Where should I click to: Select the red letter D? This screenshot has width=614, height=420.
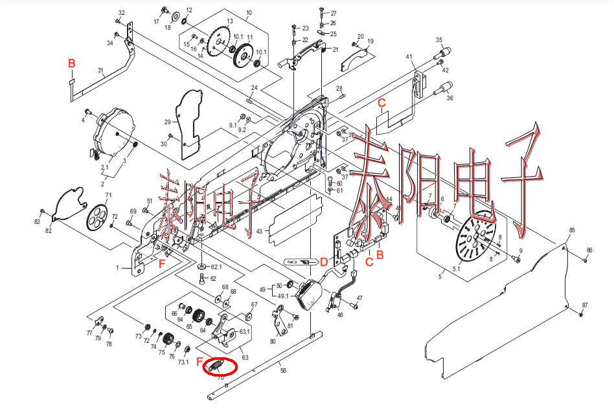pos(323,261)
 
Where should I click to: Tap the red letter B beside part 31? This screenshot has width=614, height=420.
pos(72,63)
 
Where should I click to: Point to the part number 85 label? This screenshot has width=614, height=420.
pos(571,230)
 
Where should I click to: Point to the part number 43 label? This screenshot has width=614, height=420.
pos(259,231)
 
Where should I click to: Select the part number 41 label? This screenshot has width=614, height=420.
pos(409,57)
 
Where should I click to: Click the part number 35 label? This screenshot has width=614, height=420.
pos(438,39)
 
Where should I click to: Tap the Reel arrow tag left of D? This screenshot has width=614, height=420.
pos(299,261)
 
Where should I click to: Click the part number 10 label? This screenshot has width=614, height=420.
pos(249,13)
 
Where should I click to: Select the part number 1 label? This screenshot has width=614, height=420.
pos(118,267)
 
